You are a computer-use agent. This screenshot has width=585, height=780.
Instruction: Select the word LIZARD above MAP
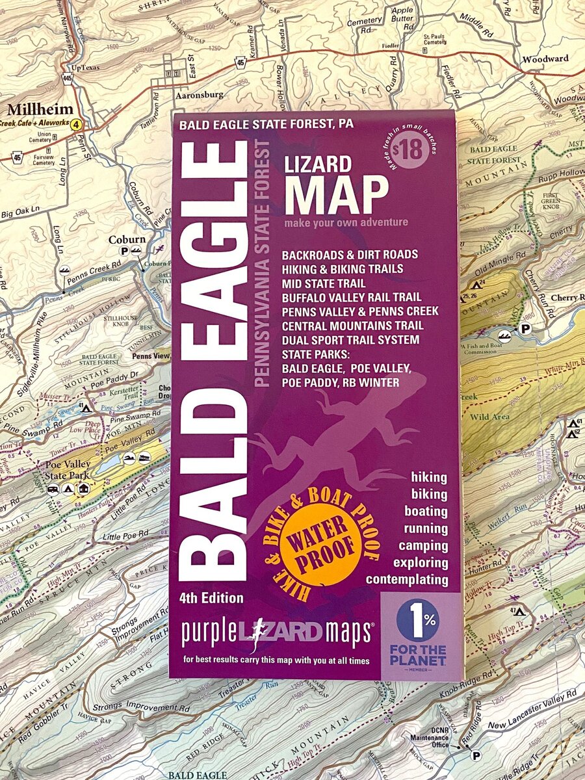318,164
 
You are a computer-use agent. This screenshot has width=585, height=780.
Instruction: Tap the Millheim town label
31,109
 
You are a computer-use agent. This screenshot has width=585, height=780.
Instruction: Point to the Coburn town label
127,239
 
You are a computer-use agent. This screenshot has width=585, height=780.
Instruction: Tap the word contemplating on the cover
407,579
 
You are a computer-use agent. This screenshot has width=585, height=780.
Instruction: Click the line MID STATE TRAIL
324,283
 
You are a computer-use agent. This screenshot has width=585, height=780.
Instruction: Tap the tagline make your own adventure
346,222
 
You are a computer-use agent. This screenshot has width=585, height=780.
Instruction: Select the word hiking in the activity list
429,477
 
